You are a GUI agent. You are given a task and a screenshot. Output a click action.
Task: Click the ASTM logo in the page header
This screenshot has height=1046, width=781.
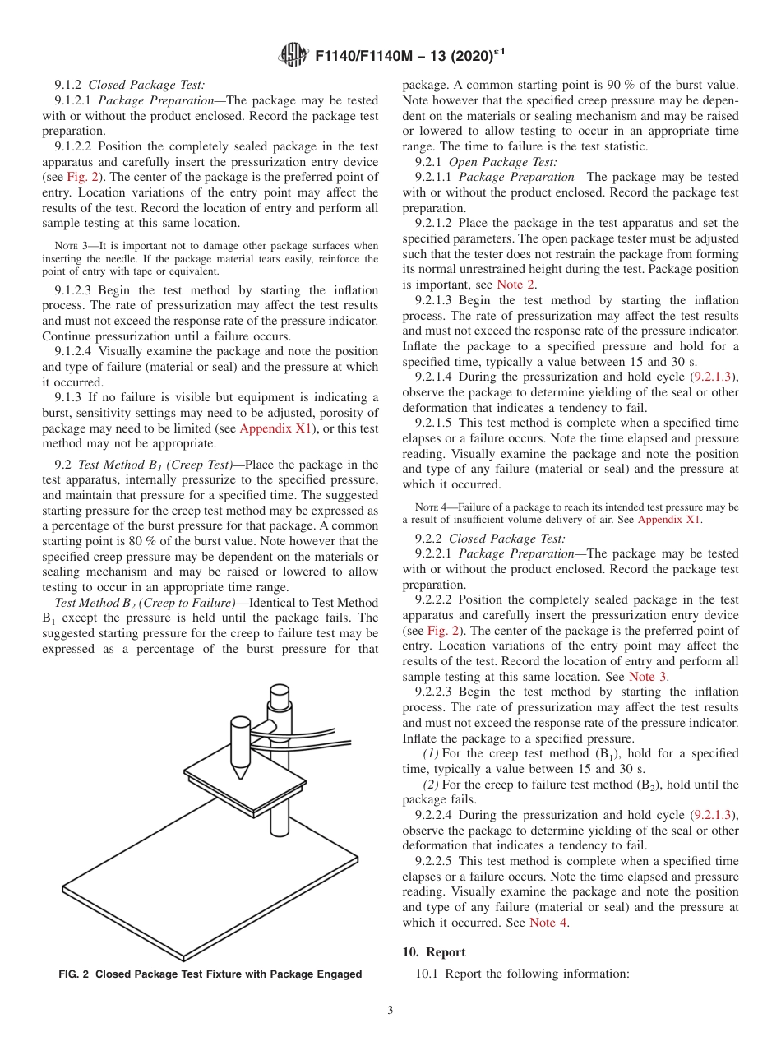(x=293, y=56)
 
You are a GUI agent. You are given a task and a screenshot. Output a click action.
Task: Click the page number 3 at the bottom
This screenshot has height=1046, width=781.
(x=390, y=1011)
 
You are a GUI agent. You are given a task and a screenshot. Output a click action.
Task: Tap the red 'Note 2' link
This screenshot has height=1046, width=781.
(x=516, y=285)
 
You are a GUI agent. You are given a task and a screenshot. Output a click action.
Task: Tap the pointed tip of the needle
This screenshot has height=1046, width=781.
(x=239, y=775)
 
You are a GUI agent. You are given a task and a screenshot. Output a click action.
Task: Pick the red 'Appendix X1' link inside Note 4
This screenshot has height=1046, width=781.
(x=669, y=520)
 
